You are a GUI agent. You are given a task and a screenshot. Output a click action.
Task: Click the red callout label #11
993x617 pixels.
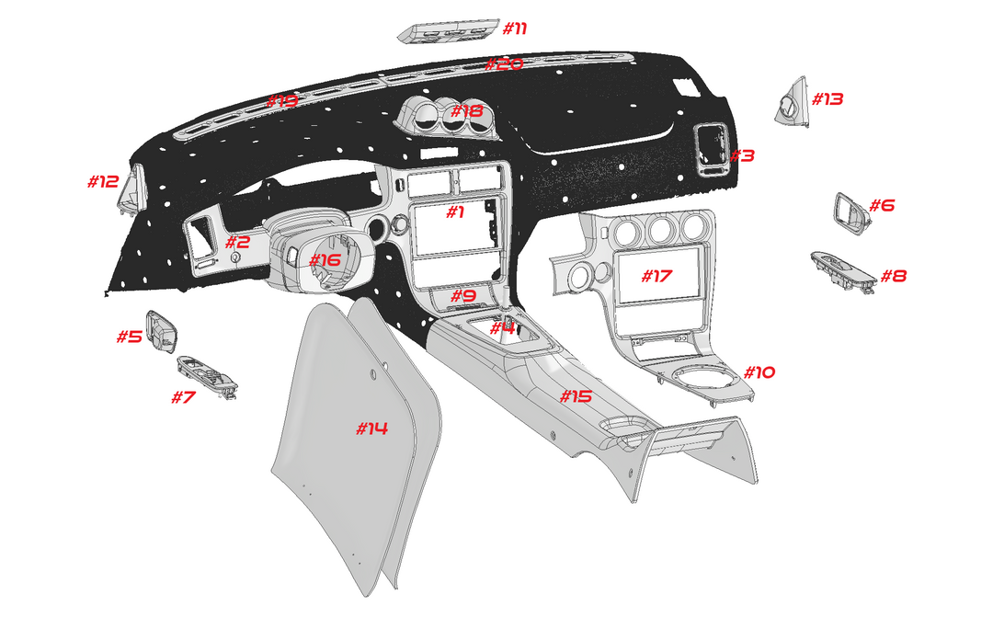pyautogui.click(x=515, y=28)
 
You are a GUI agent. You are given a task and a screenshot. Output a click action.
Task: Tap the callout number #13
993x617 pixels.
pyautogui.click(x=827, y=98)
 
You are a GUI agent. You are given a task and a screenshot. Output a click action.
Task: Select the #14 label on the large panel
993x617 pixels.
pyautogui.click(x=371, y=428)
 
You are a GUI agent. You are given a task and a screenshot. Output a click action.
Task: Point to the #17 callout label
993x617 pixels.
pyautogui.click(x=657, y=276)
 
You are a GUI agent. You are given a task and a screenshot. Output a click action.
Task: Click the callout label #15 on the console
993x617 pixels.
pyautogui.click(x=576, y=396)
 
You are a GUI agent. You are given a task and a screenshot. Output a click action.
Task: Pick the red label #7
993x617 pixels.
pyautogui.click(x=184, y=397)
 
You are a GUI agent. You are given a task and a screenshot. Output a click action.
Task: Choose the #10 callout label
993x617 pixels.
pyautogui.click(x=759, y=372)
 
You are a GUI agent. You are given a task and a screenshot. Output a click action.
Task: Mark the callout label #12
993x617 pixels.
pyautogui.click(x=103, y=181)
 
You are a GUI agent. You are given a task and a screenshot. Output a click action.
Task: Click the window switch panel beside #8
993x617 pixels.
pyautogui.click(x=841, y=270)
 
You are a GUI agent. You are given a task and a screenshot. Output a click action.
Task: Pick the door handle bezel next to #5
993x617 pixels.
pyautogui.click(x=163, y=330)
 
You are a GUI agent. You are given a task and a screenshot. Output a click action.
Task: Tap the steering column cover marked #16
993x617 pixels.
pyautogui.click(x=313, y=253)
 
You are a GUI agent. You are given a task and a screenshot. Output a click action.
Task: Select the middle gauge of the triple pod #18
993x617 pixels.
pyautogui.click(x=453, y=117)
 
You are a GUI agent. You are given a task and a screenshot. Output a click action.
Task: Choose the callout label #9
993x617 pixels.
pyautogui.click(x=462, y=296)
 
